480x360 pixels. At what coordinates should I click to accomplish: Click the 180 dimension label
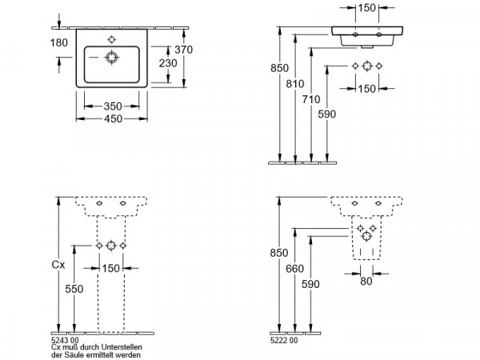click(58, 42)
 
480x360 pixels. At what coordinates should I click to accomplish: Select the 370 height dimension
click(184, 50)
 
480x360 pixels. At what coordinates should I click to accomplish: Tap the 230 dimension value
click(168, 63)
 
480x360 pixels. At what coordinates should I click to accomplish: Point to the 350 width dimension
click(113, 106)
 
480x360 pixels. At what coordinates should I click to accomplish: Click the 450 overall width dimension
click(113, 118)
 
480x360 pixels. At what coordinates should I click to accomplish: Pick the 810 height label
click(295, 83)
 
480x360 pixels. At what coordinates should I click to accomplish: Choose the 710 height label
click(311, 99)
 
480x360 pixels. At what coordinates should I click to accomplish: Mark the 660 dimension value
click(294, 269)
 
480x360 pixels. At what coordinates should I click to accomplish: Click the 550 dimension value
click(74, 289)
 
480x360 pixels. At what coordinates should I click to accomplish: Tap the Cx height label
click(58, 265)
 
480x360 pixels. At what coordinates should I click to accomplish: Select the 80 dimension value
click(366, 281)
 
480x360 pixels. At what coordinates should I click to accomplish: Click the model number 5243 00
click(65, 340)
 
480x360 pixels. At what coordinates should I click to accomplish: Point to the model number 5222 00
click(284, 341)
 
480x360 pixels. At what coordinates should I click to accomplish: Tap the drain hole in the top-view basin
click(112, 58)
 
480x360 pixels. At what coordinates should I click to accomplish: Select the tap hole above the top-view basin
click(112, 39)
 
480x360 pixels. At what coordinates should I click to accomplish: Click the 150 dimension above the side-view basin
click(366, 8)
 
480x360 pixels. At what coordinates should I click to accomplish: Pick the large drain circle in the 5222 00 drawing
click(366, 236)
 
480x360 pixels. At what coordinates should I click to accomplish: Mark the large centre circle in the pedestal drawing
click(111, 246)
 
